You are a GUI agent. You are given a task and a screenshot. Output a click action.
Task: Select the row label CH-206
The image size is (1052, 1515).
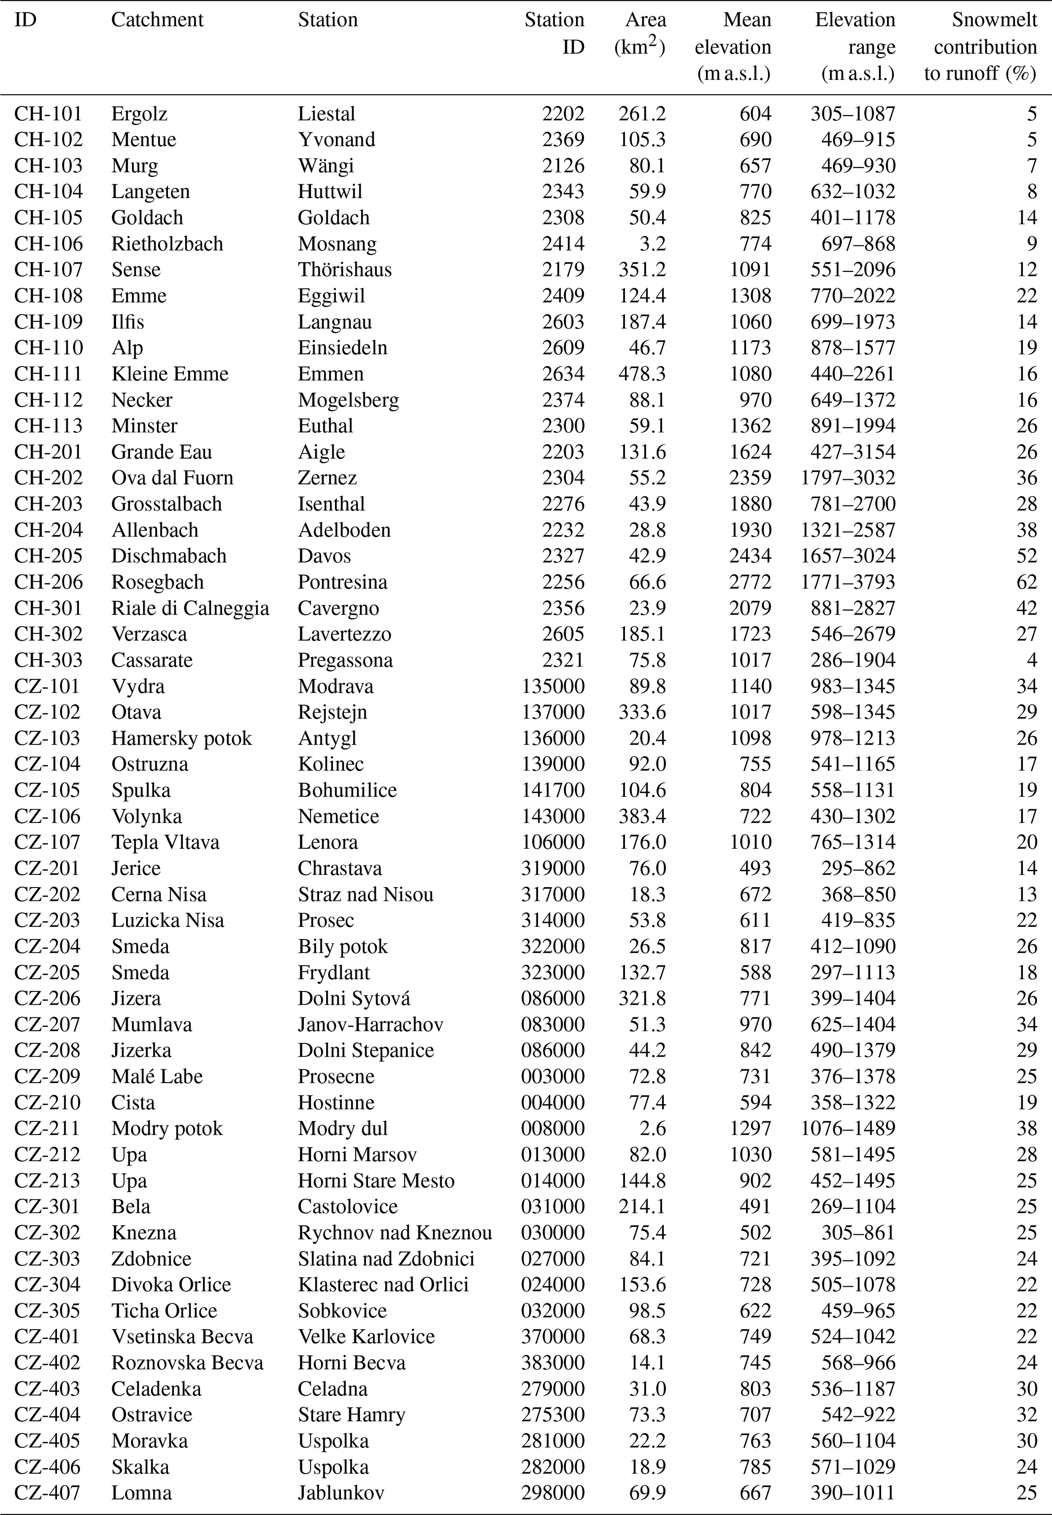click(48, 582)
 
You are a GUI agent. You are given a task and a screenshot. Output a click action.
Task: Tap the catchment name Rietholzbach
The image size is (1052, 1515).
click(167, 243)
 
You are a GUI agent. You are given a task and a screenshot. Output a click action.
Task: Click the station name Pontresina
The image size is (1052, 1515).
click(342, 582)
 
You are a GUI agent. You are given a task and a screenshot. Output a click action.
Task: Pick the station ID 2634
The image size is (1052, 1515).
click(563, 373)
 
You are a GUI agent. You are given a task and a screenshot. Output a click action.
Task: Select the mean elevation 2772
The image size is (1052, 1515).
click(750, 582)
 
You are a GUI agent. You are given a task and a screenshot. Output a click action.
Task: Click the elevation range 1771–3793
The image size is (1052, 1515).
click(848, 582)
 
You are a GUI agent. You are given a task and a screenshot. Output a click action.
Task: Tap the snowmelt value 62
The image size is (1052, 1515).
click(1026, 582)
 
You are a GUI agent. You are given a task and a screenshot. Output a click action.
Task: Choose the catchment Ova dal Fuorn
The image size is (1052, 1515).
click(172, 478)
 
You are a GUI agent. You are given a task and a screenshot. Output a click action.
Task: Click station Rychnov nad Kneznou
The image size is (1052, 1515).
click(395, 1233)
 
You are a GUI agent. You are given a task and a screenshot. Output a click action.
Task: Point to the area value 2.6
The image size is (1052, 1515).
click(652, 1128)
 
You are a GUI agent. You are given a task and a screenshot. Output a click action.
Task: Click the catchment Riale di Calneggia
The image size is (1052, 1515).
click(190, 608)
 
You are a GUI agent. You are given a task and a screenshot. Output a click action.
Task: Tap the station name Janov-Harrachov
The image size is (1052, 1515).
click(371, 1024)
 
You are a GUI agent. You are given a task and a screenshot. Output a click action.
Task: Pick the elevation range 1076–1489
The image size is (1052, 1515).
click(848, 1128)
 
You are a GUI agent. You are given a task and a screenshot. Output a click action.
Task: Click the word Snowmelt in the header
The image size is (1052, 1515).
click(994, 20)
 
